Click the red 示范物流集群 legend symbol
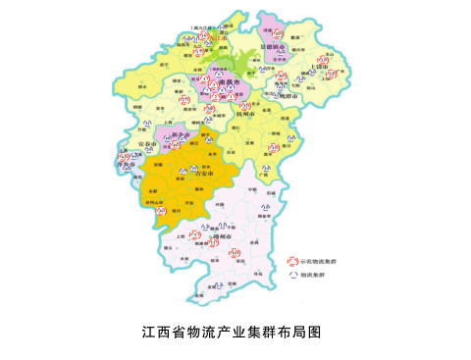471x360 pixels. [292, 261]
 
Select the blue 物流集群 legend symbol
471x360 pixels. [292, 276]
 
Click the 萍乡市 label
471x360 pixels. [126, 167]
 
